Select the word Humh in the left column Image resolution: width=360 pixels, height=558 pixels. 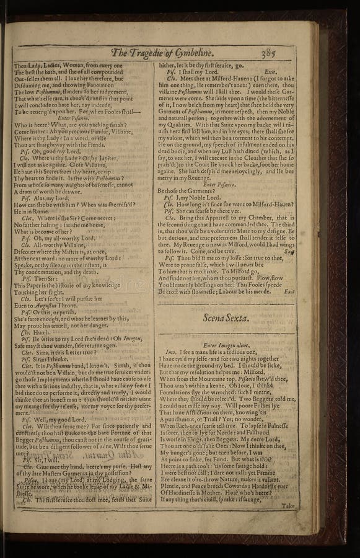coord(40,331)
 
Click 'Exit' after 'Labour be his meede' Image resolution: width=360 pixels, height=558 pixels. coord(289,291)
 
